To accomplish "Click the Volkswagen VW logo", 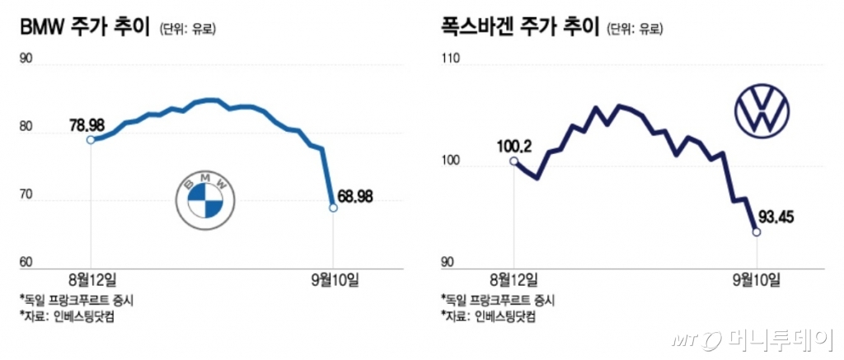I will pos(762,113).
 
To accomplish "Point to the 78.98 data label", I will pos(87,126).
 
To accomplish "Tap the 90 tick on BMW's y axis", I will pos(26,58).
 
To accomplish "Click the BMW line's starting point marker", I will pos(90,140).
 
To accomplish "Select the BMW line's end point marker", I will pos(333,208).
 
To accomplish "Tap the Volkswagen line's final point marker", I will pos(757,232).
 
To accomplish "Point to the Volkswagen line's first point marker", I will pos(514,161).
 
